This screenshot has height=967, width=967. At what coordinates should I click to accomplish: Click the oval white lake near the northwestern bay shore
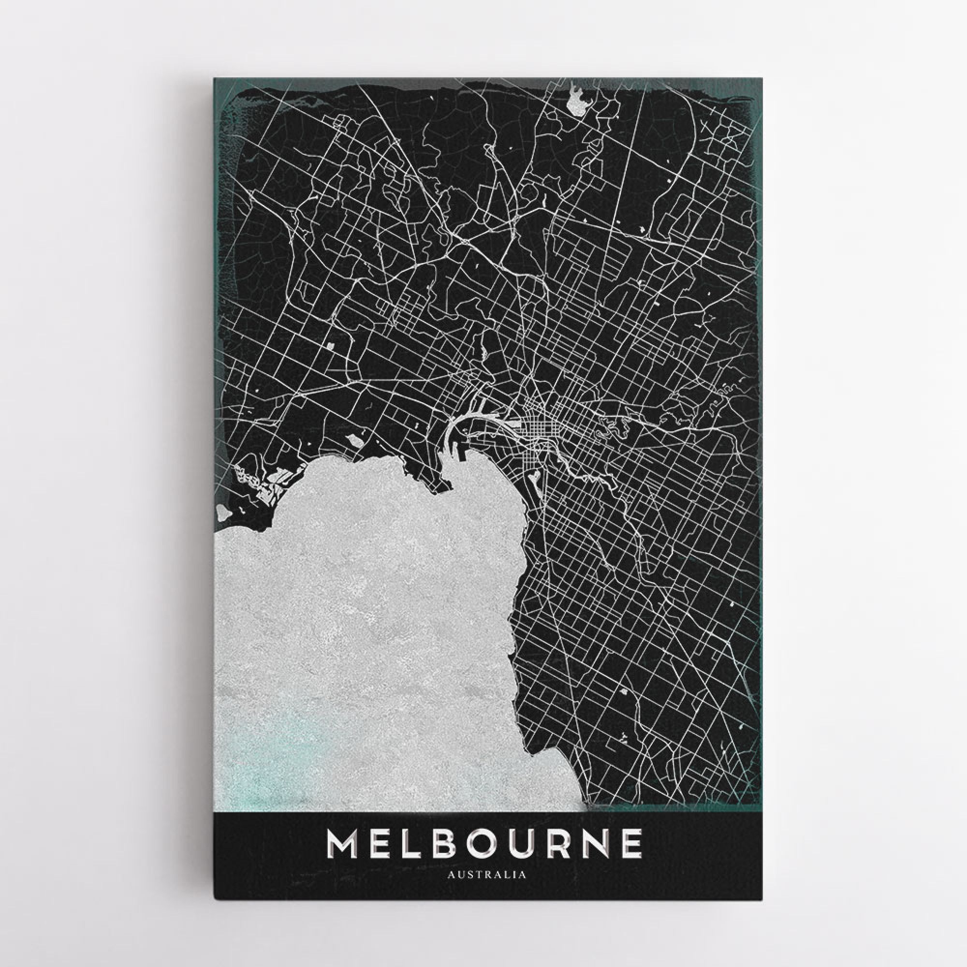pos(353,440)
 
